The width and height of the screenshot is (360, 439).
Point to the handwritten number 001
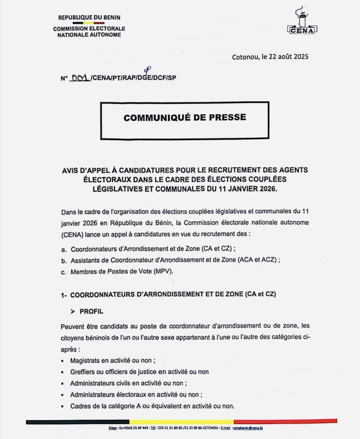(x=81, y=78)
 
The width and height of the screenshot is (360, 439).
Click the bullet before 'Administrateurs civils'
(x=63, y=384)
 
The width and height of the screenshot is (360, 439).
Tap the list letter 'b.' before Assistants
(x=64, y=260)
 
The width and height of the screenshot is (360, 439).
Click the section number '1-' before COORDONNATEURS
(x=63, y=295)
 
